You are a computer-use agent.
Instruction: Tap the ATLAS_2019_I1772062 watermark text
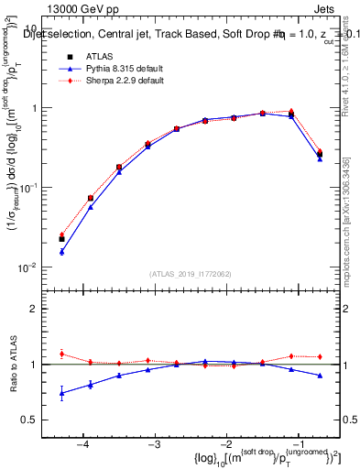coord(190,273)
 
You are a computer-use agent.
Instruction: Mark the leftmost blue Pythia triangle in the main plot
coord(61,251)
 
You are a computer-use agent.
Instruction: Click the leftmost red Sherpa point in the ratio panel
coord(61,354)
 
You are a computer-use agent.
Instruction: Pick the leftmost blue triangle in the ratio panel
coord(61,394)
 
